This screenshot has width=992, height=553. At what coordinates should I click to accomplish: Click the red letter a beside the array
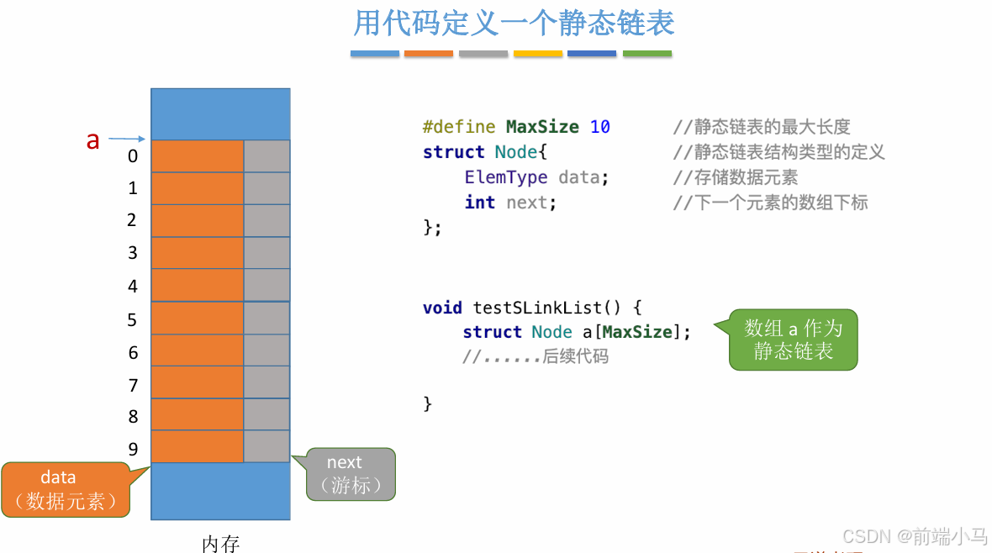click(92, 140)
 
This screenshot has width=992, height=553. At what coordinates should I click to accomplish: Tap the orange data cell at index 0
click(198, 156)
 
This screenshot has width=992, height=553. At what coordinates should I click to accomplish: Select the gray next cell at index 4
click(266, 285)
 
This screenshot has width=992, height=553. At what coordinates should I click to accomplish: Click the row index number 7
click(133, 385)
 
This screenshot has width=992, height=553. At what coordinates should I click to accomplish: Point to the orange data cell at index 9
click(198, 446)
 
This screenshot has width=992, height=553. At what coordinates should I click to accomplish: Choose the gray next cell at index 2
click(266, 221)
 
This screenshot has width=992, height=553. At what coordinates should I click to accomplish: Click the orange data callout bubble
click(66, 490)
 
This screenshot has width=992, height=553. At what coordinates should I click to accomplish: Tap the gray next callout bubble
click(351, 474)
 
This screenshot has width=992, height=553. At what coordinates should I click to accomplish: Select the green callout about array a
click(793, 340)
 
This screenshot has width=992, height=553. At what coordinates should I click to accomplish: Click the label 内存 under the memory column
click(221, 544)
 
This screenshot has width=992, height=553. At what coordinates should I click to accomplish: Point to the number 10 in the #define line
click(600, 127)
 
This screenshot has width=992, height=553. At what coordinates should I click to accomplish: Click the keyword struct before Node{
click(454, 152)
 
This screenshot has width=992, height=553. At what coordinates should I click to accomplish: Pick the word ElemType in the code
click(505, 177)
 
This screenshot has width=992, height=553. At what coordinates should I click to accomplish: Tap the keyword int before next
click(479, 203)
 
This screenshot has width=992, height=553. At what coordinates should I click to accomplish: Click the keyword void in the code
click(443, 308)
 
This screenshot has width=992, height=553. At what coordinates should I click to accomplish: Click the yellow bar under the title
click(538, 54)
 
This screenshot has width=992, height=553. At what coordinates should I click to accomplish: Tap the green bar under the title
click(647, 54)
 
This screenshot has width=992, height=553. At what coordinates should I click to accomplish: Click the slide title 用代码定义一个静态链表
click(514, 23)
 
